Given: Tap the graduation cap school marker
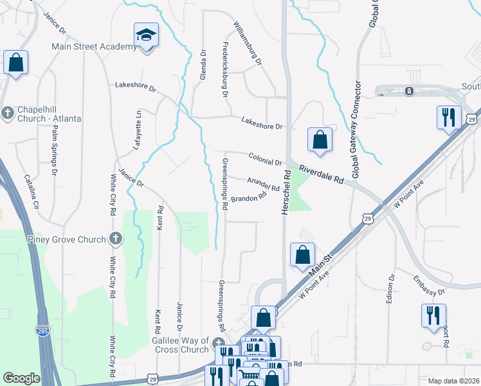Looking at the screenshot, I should (x=147, y=35).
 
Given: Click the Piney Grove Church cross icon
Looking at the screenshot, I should (x=116, y=239).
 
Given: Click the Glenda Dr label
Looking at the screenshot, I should (x=203, y=65).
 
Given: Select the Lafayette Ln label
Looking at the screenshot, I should (x=137, y=131).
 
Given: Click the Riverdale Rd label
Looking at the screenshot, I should (x=322, y=174).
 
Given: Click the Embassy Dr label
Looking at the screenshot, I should (x=428, y=284).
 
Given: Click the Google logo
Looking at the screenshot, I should (x=21, y=378).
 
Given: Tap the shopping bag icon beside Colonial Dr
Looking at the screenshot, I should (x=320, y=140).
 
